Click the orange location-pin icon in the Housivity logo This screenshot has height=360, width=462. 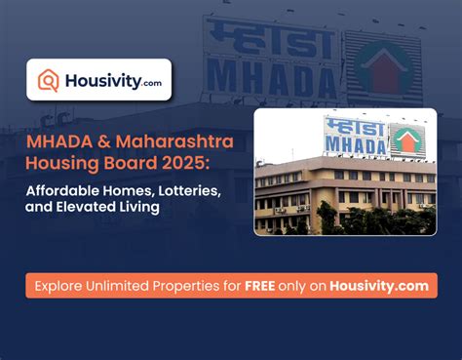(x=48, y=81)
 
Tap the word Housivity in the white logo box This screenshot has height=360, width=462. (x=101, y=81)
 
